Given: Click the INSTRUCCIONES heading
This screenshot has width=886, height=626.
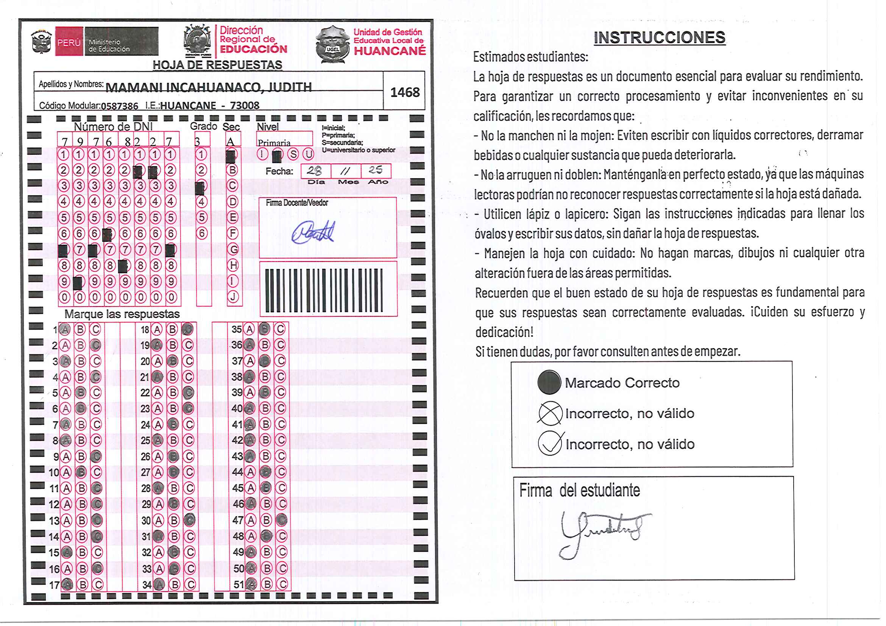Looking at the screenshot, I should pos(659,38).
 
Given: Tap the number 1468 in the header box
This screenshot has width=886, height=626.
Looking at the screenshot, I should pos(404,93).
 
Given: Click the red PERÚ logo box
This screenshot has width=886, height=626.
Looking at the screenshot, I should pos(69,42).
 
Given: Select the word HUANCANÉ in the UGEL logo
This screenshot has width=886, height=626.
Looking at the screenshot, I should pos(390,51).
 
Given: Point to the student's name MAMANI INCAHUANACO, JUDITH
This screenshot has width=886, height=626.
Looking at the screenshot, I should pos(208,87).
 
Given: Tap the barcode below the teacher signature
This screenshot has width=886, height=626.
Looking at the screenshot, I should pos(323,290).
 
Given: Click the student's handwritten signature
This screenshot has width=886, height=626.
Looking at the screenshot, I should pos(602,532).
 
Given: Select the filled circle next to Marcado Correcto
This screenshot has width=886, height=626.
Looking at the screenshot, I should pos(549,382).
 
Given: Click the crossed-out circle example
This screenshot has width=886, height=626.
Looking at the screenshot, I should pos(550,413).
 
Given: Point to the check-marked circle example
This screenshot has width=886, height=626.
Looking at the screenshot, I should pos(550,444).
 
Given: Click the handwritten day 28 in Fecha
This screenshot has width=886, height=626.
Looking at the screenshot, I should pos(315,170).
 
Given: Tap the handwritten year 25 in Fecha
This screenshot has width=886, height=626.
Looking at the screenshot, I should pos(375,170).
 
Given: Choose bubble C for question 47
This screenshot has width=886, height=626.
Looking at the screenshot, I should pos(282,520).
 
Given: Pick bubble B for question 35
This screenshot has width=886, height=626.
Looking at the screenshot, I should pos(264,329).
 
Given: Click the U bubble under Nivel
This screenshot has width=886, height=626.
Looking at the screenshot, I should pos(308,154).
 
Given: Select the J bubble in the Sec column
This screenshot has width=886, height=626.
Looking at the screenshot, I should pos(233,297).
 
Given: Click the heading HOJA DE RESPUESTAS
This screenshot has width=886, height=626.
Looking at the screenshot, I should pos(217,65).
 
